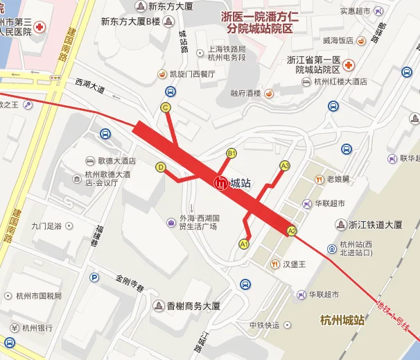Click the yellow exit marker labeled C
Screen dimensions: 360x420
tap(166, 108)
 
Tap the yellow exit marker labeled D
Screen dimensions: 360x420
tap(161, 167)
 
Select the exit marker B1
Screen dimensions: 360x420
tap(232, 153)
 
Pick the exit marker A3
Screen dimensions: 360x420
tap(284, 165)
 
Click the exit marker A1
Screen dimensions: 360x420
tap(244, 243)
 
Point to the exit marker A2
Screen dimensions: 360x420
tap(292, 231)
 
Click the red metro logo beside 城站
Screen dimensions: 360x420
tap(220, 184)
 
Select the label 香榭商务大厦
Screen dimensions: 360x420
tap(193, 305)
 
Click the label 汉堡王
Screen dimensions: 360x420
tap(295, 264)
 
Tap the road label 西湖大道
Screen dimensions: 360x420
tap(90, 86)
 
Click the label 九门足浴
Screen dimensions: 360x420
tap(47, 225)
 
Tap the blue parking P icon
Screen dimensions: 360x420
tap(95, 277)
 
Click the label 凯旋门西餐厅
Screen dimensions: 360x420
tap(192, 74)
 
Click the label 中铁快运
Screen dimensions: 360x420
tap(265, 325)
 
